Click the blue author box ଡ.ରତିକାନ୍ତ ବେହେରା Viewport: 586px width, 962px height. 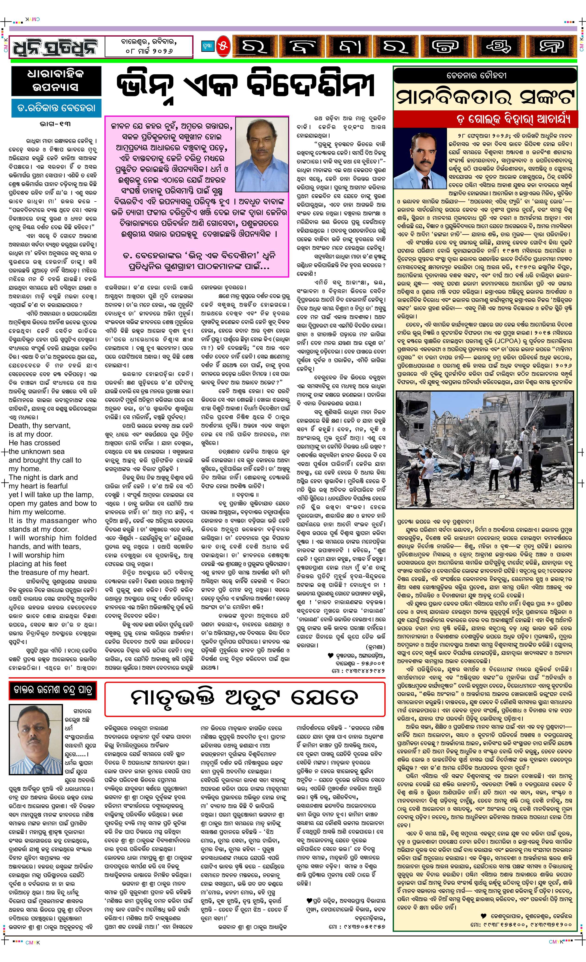click(x=54, y=108)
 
